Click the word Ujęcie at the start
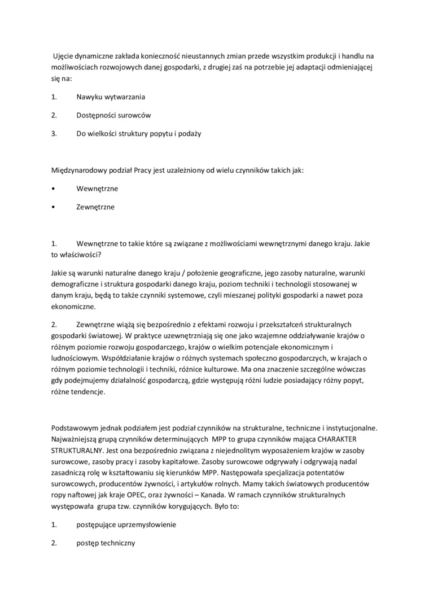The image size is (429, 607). coord(65,56)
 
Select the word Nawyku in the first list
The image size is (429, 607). coord(89,97)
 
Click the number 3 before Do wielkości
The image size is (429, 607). coord(54,134)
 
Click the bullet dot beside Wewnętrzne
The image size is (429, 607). coord(53,189)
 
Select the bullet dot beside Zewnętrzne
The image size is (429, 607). coord(53,207)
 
